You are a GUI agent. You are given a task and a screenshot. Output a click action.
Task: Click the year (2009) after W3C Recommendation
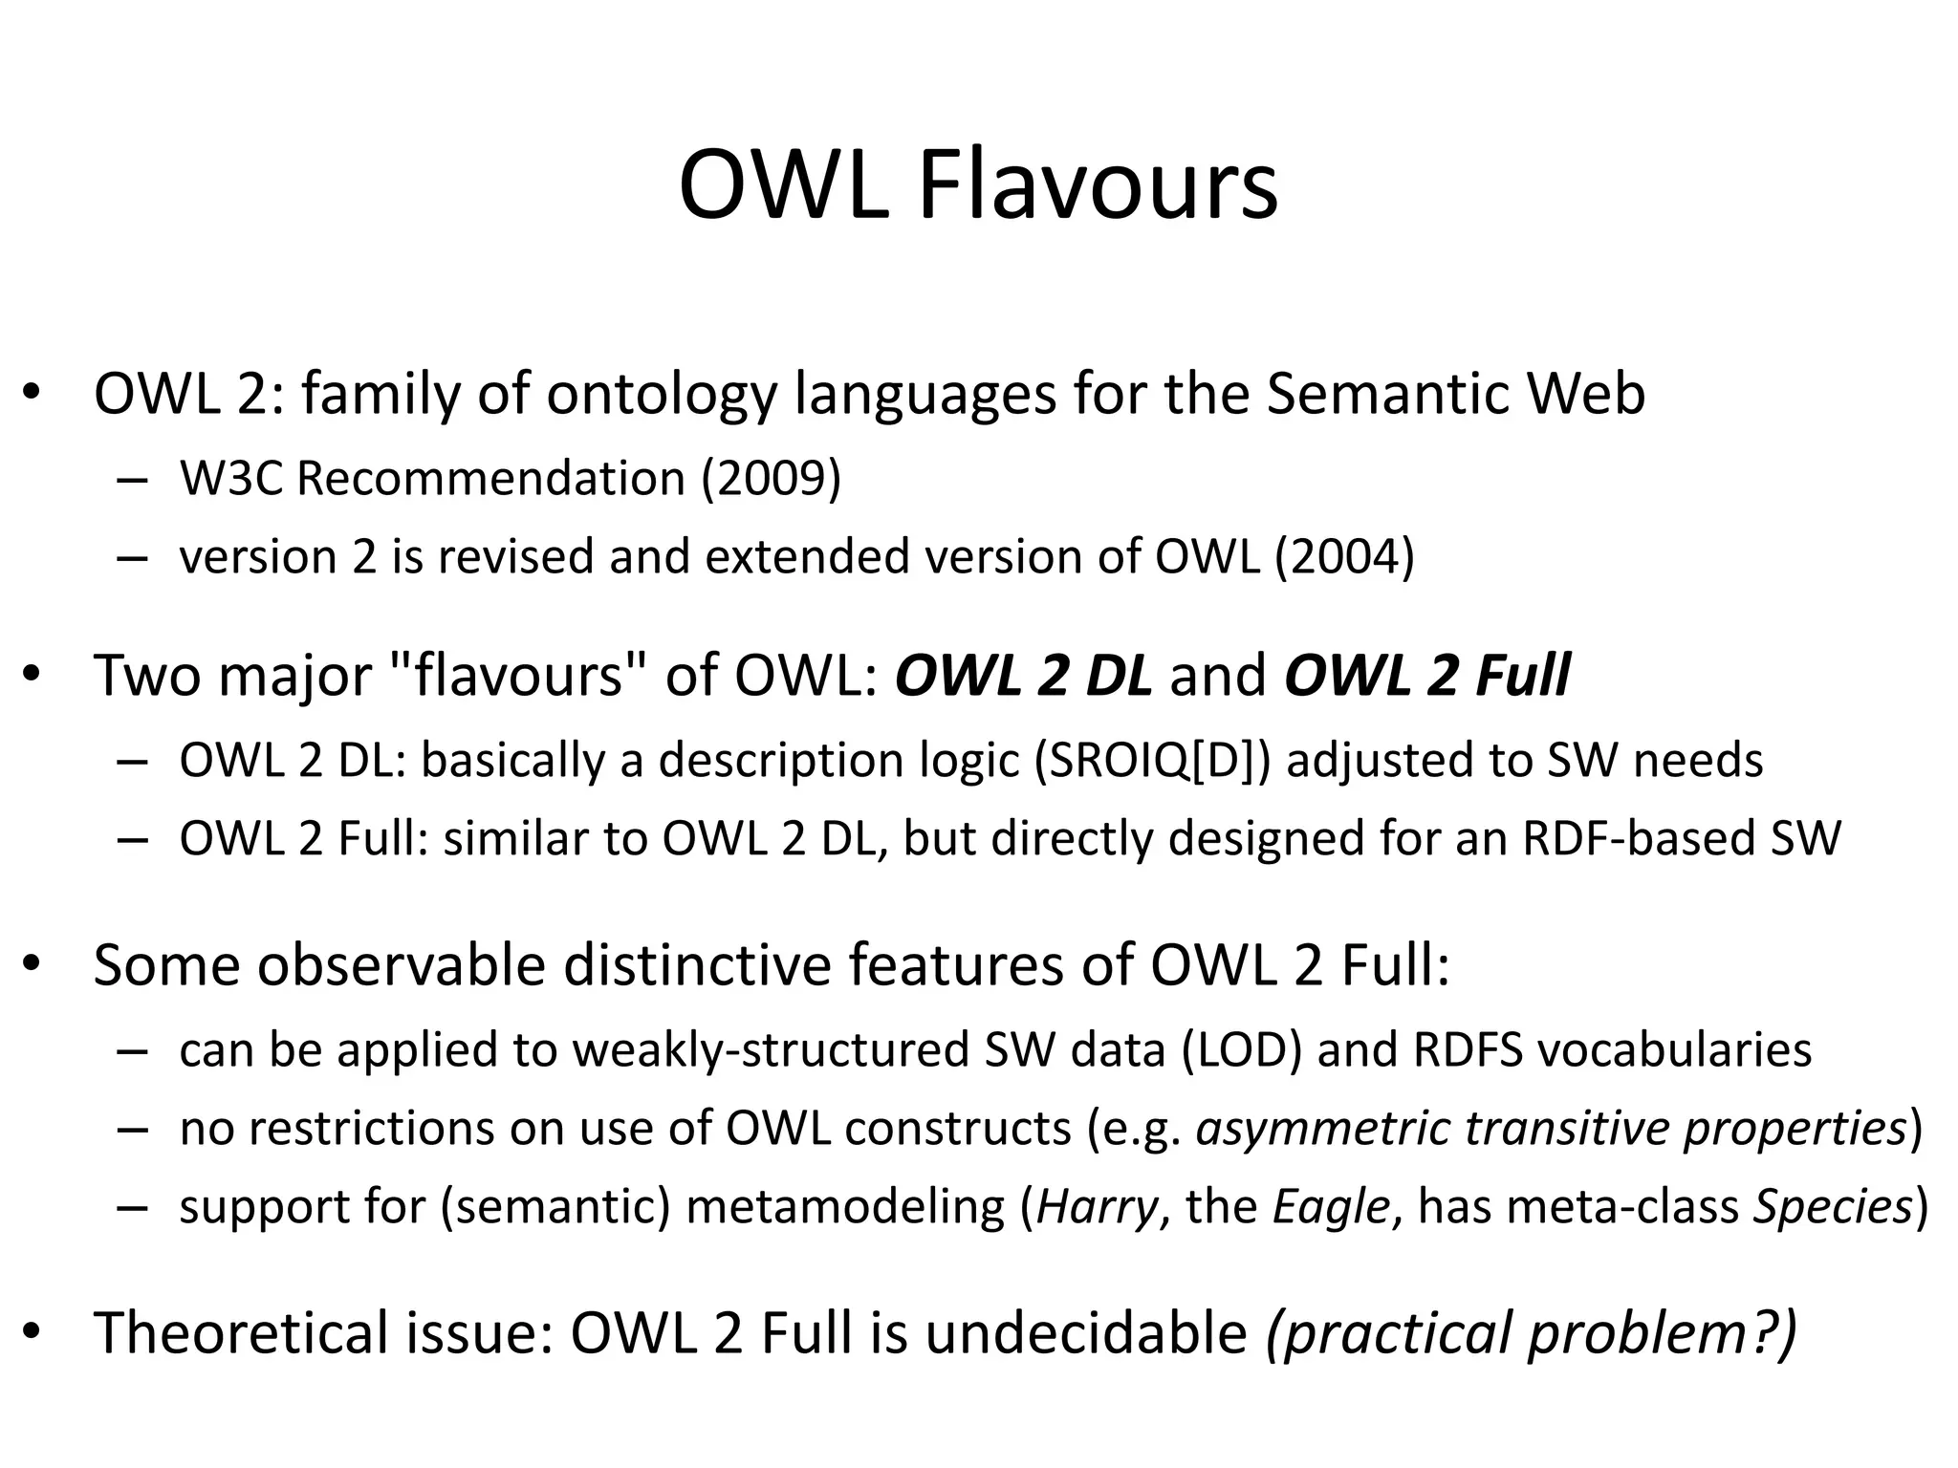(x=771, y=478)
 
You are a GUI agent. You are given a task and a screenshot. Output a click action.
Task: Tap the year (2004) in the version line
(x=1343, y=556)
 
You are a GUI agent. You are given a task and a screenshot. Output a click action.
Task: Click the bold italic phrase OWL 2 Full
(x=1426, y=676)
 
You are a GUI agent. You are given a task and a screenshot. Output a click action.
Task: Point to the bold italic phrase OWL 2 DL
(x=1023, y=676)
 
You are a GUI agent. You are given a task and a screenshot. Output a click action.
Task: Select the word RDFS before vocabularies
(x=1468, y=1049)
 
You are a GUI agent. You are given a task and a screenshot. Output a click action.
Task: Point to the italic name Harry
(x=1098, y=1206)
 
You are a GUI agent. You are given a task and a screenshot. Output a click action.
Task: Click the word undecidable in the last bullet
(x=1086, y=1333)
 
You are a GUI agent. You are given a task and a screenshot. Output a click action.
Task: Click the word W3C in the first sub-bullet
(x=230, y=478)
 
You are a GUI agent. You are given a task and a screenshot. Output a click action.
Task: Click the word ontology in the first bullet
(x=661, y=394)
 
